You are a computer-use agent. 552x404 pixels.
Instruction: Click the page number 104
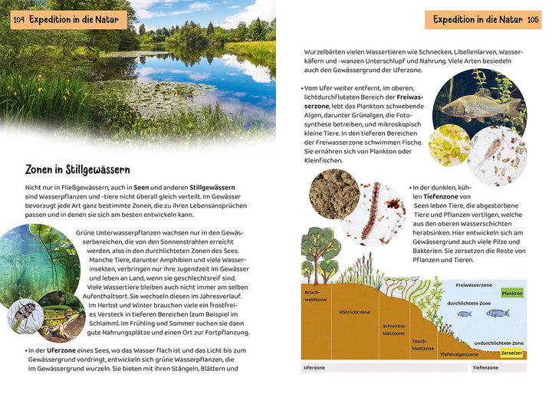tap(18, 19)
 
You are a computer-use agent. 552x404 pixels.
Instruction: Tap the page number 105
tap(534, 19)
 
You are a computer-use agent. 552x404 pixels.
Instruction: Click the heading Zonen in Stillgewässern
tap(77, 169)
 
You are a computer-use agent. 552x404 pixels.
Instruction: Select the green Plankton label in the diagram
tap(511, 294)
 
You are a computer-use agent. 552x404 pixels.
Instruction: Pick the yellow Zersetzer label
tap(511, 353)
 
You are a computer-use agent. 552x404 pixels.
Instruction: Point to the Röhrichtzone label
tap(354, 312)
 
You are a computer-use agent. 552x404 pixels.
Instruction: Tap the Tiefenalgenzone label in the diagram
tap(459, 355)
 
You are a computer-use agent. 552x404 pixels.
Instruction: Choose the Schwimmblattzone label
tap(394, 329)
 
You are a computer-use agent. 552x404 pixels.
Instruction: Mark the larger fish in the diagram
tap(497, 313)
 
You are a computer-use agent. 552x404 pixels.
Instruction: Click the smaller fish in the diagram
tap(464, 313)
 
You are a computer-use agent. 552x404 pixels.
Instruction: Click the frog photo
tap(58, 317)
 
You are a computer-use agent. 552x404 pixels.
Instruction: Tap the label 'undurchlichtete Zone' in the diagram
tap(499, 343)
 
